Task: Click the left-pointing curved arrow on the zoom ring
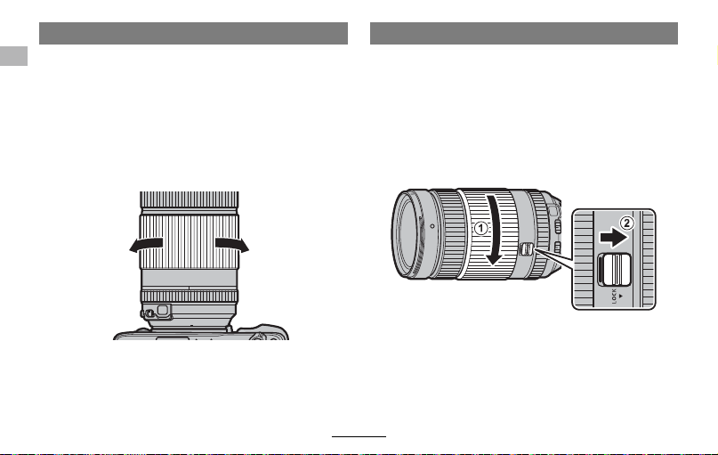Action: pyautogui.click(x=146, y=244)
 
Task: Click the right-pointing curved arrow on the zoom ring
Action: pyautogui.click(x=232, y=244)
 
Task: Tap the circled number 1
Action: pyautogui.click(x=480, y=228)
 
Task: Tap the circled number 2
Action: pyautogui.click(x=627, y=223)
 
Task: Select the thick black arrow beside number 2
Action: pyautogui.click(x=613, y=238)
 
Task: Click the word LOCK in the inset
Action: pyautogui.click(x=614, y=296)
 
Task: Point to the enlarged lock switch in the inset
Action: pyautogui.click(x=615, y=270)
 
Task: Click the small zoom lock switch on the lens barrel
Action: pyautogui.click(x=527, y=248)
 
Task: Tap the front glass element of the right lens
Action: pyautogui.click(x=407, y=233)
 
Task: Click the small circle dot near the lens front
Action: pyautogui.click(x=432, y=226)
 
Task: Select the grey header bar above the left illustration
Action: pyautogui.click(x=193, y=34)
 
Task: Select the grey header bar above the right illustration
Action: pyautogui.click(x=524, y=34)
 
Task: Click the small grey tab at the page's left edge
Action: pyautogui.click(x=13, y=56)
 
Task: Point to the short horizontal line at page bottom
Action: pyautogui.click(x=359, y=436)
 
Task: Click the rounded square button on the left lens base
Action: pyautogui.click(x=163, y=310)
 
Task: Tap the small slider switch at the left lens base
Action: pyautogui.click(x=147, y=314)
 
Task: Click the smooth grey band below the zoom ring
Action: pyautogui.click(x=189, y=279)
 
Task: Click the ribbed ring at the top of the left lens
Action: pyautogui.click(x=190, y=199)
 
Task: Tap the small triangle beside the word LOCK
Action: pyautogui.click(x=620, y=296)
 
